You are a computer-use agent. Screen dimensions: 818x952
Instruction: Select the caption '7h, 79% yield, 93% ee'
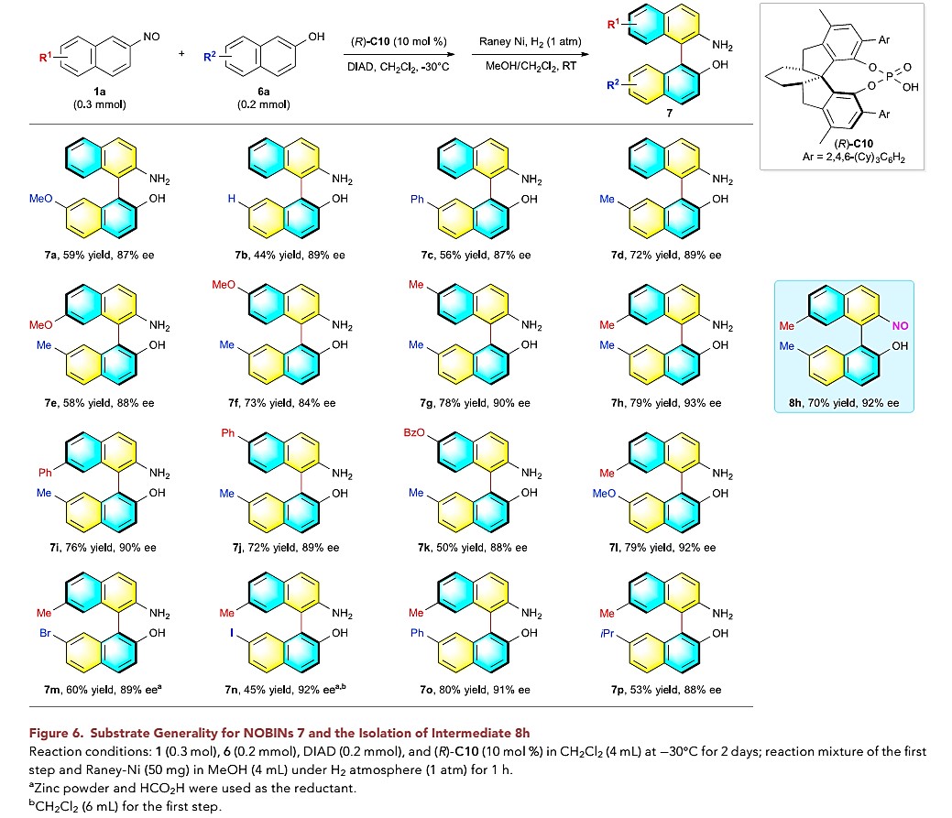coord(667,402)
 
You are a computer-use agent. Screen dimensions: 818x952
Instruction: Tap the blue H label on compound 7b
coord(234,198)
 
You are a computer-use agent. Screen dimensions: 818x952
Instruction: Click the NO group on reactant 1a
coord(151,36)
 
